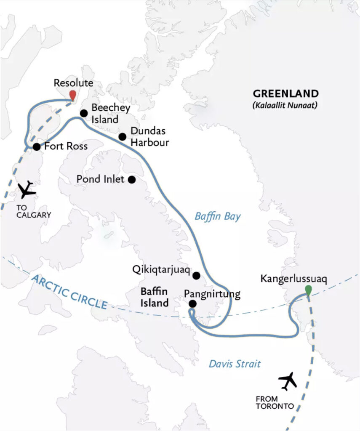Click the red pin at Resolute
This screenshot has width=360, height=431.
(73, 95)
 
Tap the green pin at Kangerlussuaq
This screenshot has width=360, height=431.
(309, 290)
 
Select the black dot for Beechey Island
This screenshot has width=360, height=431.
(84, 113)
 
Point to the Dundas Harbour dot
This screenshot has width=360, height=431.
(123, 137)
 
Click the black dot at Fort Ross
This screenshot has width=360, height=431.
(37, 147)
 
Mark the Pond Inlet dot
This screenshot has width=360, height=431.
(131, 180)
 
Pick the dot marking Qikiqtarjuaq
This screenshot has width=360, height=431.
(196, 276)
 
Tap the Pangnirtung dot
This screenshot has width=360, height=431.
(192, 303)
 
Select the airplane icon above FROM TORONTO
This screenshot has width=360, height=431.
(288, 381)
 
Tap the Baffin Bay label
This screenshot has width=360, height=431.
(217, 217)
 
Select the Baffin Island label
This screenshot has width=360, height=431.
(155, 297)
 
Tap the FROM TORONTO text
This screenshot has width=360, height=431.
(274, 403)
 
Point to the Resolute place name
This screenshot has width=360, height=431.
(74, 83)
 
